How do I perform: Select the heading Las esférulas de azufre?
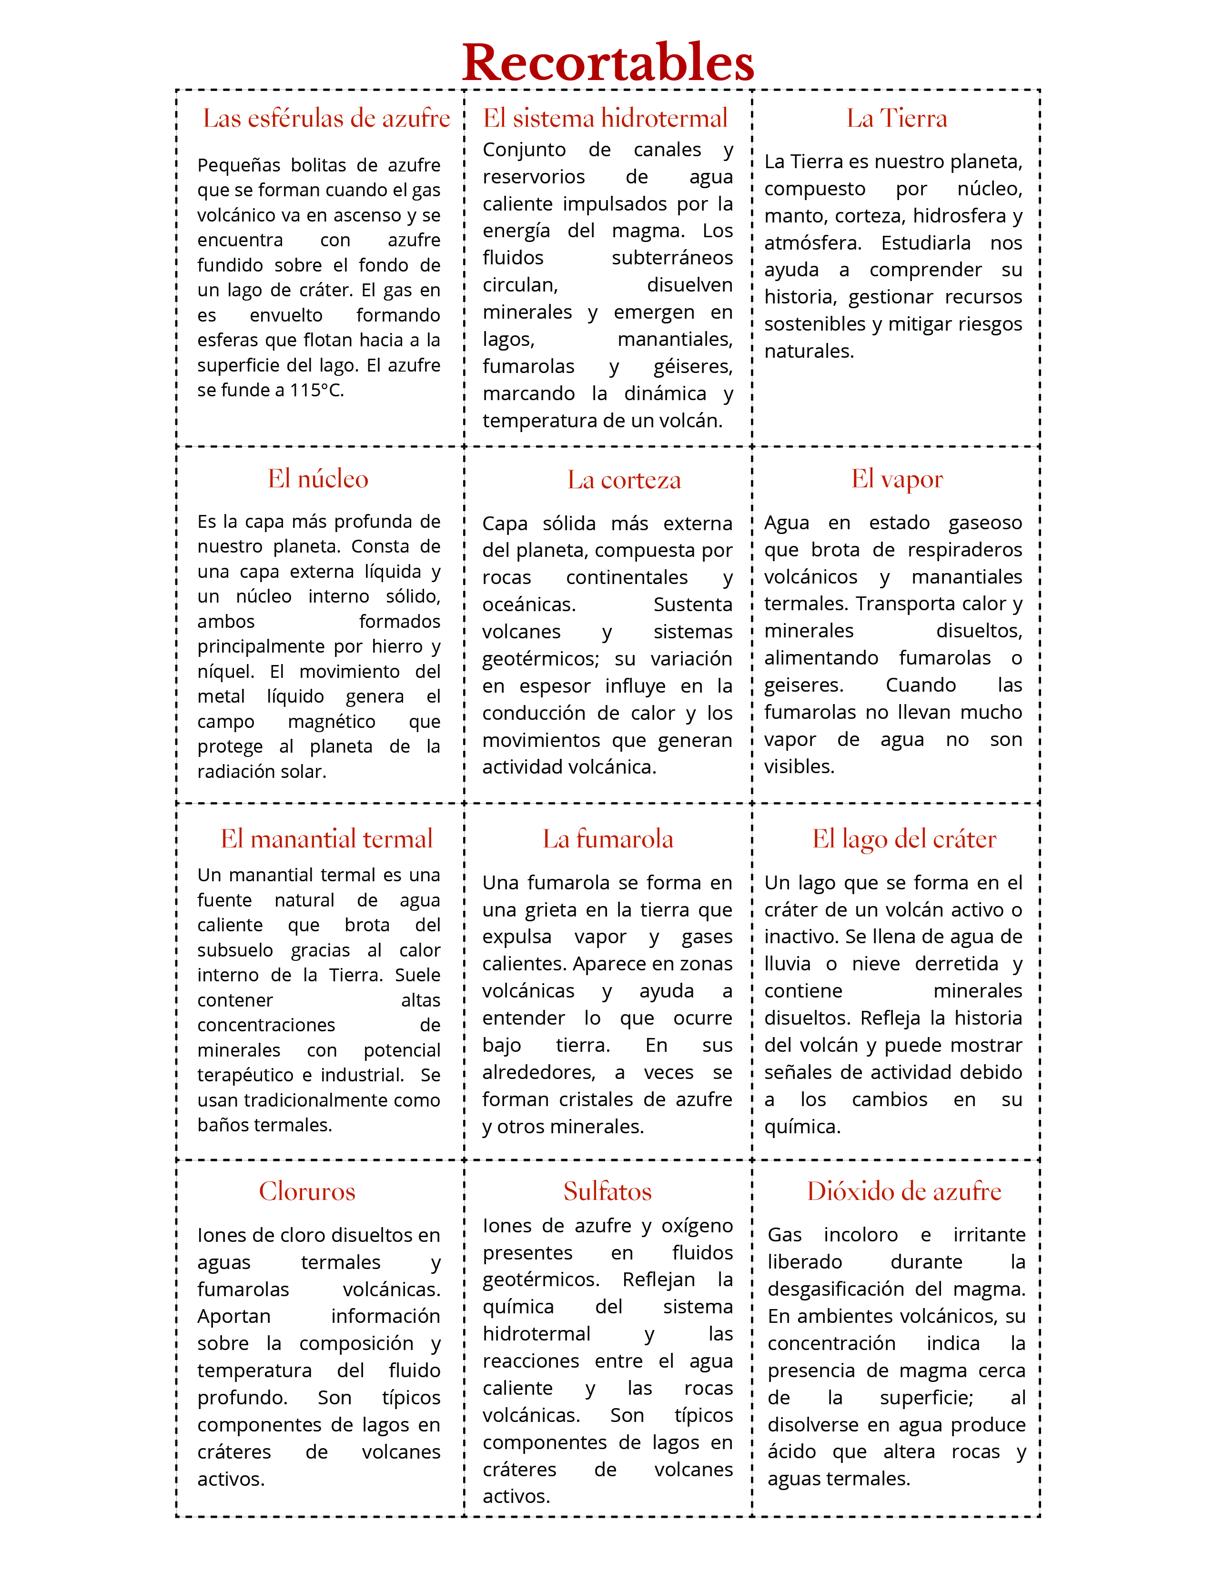(326, 119)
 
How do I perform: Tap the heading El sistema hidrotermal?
(605, 119)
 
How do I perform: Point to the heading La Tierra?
(896, 119)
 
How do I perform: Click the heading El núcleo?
(318, 479)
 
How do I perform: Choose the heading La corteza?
(623, 480)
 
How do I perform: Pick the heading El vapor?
(897, 479)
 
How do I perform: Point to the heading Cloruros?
(307, 1192)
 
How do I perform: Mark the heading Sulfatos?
(607, 1192)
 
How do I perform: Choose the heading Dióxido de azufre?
(904, 1192)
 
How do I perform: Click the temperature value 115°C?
(317, 390)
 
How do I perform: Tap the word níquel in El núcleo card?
(225, 672)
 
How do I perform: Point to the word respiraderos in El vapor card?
(964, 550)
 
